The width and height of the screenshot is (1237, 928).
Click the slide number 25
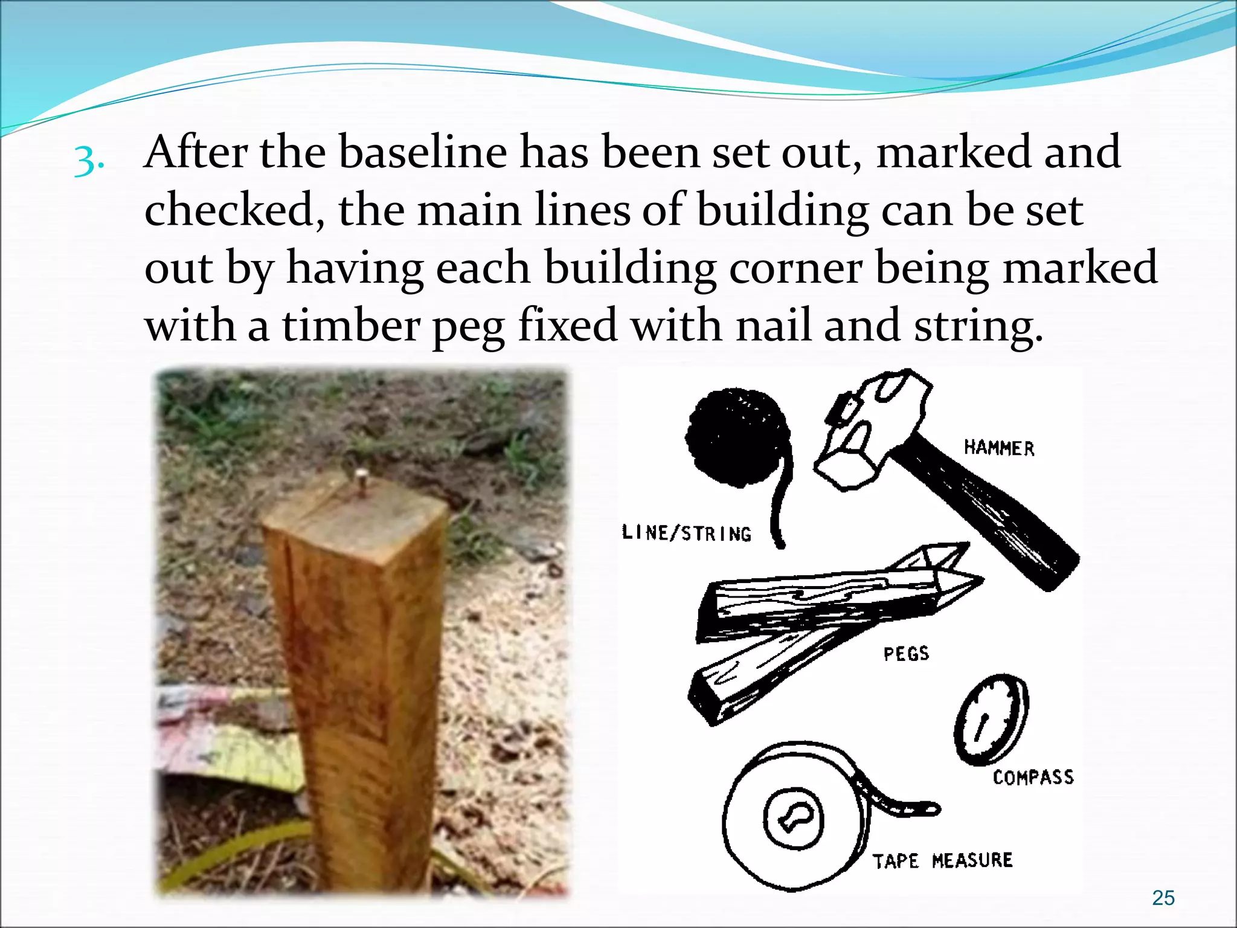1163,898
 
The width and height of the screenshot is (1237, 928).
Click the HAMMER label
999,448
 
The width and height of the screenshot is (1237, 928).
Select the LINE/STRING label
687,533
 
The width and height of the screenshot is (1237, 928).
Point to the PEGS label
906,654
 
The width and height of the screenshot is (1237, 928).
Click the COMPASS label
1033,777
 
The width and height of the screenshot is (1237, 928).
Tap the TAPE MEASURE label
942,860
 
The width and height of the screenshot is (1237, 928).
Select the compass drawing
991,719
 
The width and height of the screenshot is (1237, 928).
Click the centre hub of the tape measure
793,819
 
